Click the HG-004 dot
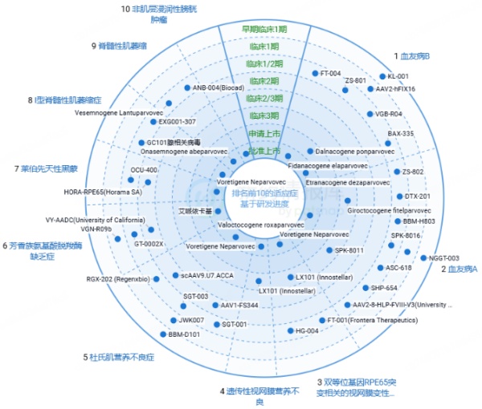click(290, 330)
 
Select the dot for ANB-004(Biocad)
click(186, 87)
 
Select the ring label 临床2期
click(264, 81)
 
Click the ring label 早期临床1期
click(264, 30)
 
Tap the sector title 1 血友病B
click(411, 56)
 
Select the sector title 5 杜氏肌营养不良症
click(120, 357)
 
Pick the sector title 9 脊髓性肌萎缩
click(120, 46)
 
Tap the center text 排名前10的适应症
click(264, 194)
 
